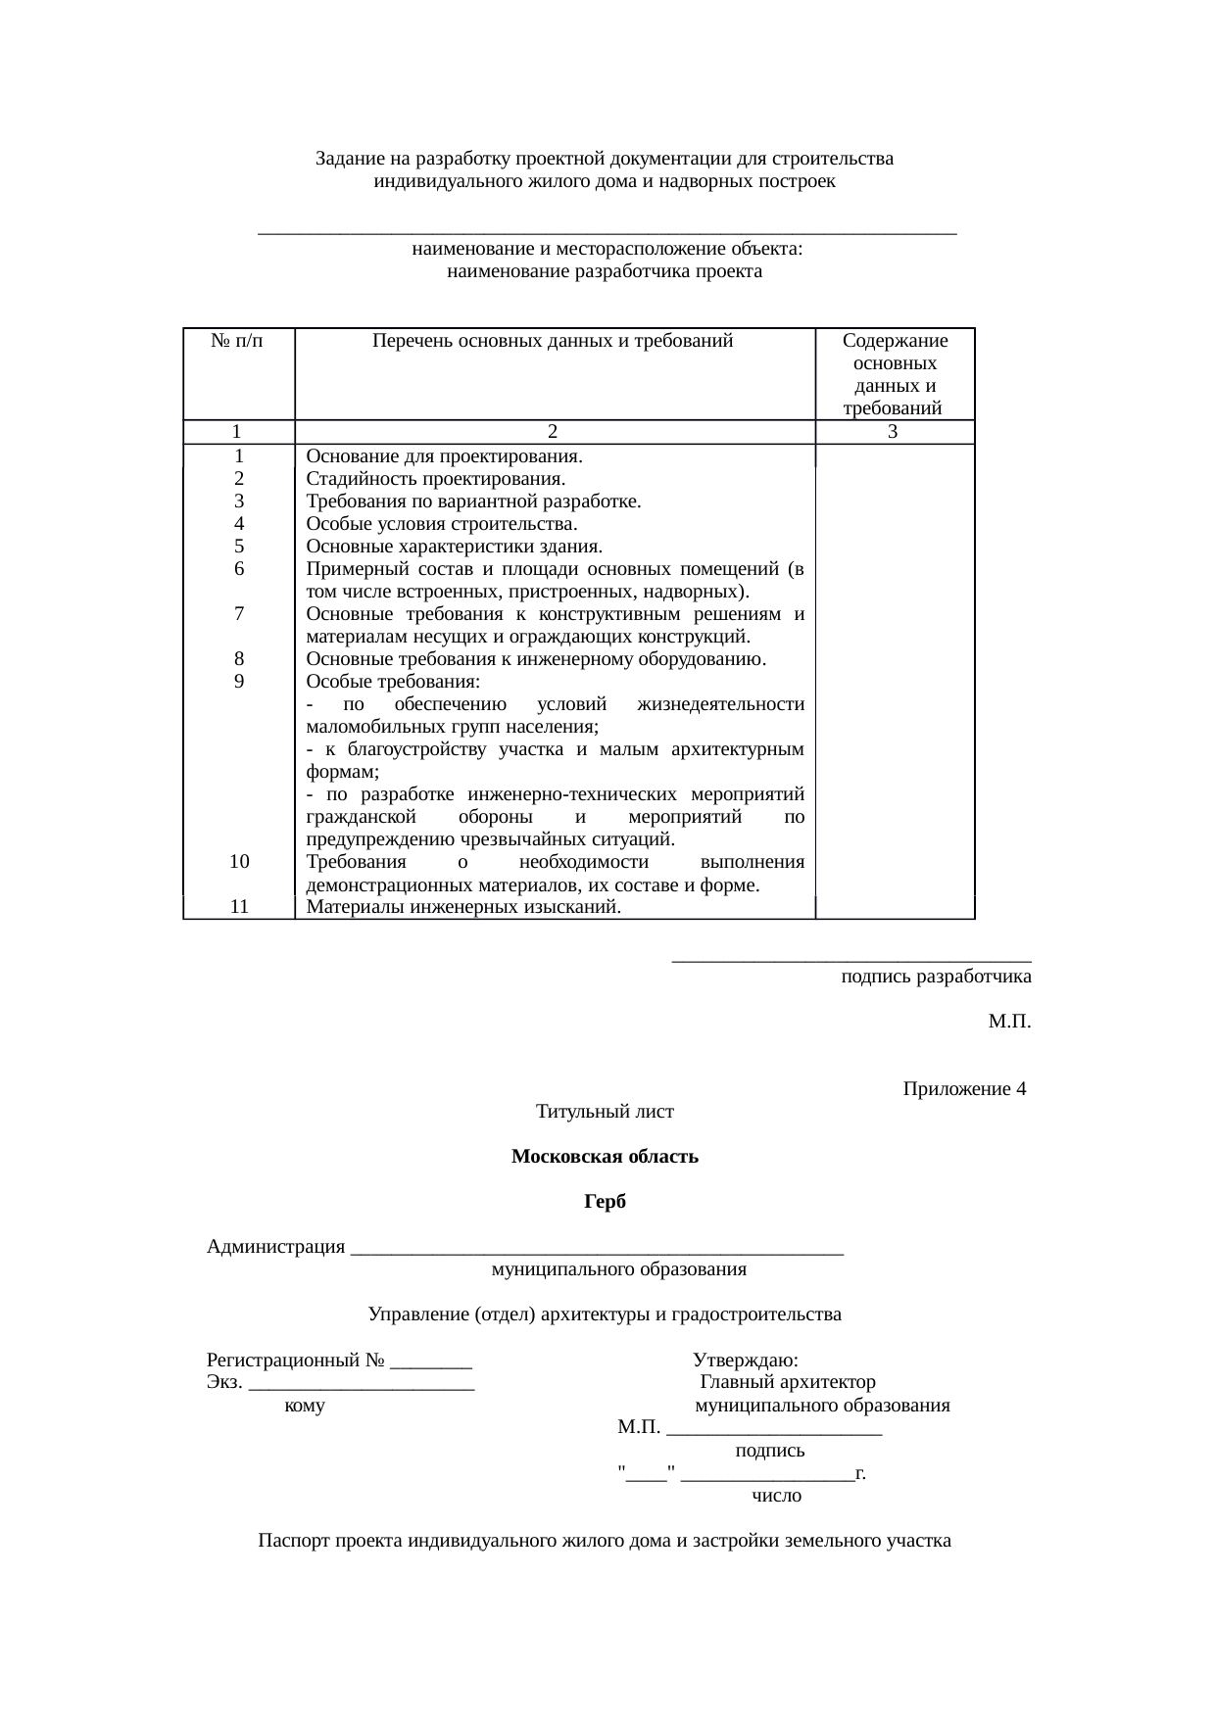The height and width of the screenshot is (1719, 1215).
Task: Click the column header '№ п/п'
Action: [x=237, y=341]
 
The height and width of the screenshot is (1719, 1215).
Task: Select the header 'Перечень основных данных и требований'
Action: [x=553, y=341]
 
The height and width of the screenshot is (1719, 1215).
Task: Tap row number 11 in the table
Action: [x=238, y=906]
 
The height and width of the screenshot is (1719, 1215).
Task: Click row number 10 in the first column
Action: [x=238, y=862]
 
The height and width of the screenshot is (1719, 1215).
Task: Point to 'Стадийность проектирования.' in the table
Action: [x=435, y=479]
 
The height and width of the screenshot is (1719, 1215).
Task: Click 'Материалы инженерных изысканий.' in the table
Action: [x=463, y=906]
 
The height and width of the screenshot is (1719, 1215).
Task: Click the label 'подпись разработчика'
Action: [x=936, y=977]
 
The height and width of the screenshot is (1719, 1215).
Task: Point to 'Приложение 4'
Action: [x=964, y=1090]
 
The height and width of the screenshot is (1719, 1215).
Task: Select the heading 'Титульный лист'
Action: [x=605, y=1112]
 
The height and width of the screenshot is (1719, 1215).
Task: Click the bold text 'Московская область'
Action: [x=605, y=1157]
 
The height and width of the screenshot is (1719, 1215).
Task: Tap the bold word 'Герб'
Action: [x=605, y=1202]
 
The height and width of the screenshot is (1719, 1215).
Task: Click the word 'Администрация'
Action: [x=275, y=1247]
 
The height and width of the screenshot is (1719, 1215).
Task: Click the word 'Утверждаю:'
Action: [x=745, y=1361]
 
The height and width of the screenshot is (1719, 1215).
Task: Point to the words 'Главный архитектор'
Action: [x=788, y=1383]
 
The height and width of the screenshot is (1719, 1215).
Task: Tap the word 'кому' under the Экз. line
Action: [x=304, y=1407]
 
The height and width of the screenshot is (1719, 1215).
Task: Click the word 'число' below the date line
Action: [x=776, y=1496]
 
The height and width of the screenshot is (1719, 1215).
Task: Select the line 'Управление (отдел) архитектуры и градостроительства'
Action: [x=605, y=1314]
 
